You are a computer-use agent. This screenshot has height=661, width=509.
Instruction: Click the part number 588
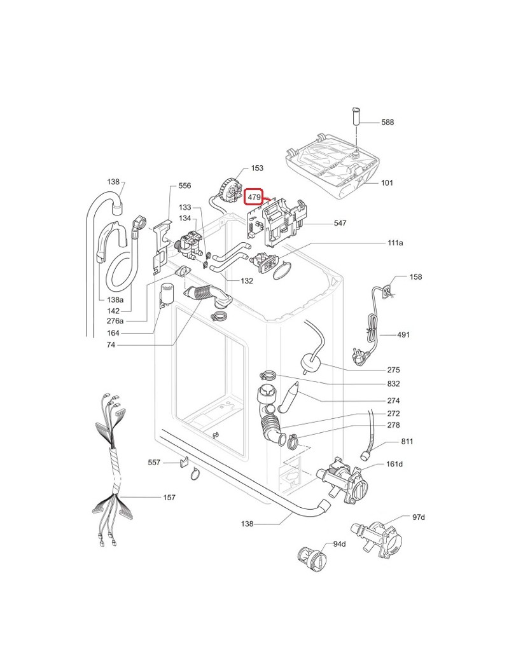point(388,123)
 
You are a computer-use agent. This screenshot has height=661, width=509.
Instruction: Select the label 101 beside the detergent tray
point(387,183)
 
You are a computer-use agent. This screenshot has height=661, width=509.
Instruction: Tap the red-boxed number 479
point(255,198)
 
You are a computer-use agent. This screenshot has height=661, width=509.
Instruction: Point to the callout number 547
point(340,224)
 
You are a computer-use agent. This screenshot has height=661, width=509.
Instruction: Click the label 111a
point(395,243)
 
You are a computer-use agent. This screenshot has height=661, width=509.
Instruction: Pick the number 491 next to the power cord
point(403,335)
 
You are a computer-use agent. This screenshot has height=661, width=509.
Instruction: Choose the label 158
point(415,277)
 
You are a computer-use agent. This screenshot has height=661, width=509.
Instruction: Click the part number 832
point(393,384)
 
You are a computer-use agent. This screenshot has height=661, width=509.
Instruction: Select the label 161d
point(394,464)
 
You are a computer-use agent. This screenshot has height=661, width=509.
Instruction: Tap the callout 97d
point(418,517)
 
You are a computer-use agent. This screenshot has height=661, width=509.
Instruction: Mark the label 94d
point(339,544)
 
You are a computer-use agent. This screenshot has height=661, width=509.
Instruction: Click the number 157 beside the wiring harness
point(169,498)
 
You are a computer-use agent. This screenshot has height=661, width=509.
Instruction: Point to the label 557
point(155,463)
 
